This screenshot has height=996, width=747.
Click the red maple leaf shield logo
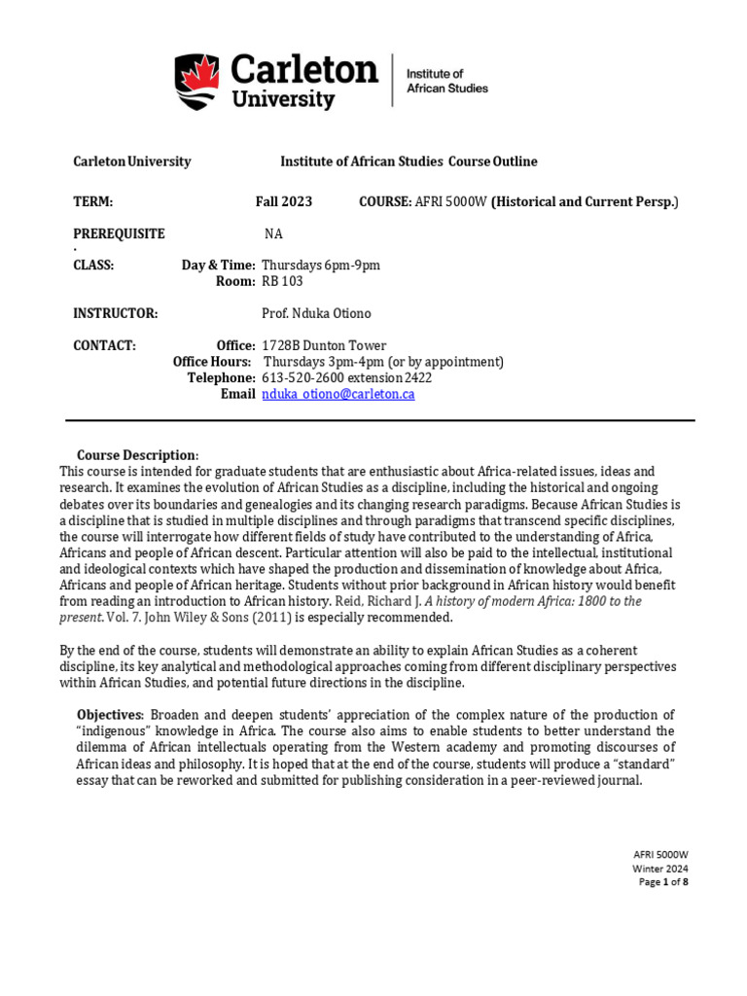click(x=198, y=81)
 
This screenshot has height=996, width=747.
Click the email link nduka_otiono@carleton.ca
click(x=338, y=394)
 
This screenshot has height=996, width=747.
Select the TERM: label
click(x=93, y=201)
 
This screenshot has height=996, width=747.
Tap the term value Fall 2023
click(x=284, y=201)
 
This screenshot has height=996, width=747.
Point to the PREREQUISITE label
click(x=120, y=233)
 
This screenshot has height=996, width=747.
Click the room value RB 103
click(x=282, y=281)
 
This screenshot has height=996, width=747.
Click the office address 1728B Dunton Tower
click(x=324, y=345)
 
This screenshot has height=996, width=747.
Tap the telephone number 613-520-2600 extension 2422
click(x=347, y=377)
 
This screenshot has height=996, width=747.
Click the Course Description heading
click(x=136, y=455)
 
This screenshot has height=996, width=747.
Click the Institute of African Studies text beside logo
click(x=446, y=81)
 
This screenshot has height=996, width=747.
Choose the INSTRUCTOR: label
click(x=116, y=313)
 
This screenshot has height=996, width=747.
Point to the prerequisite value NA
click(x=274, y=233)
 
